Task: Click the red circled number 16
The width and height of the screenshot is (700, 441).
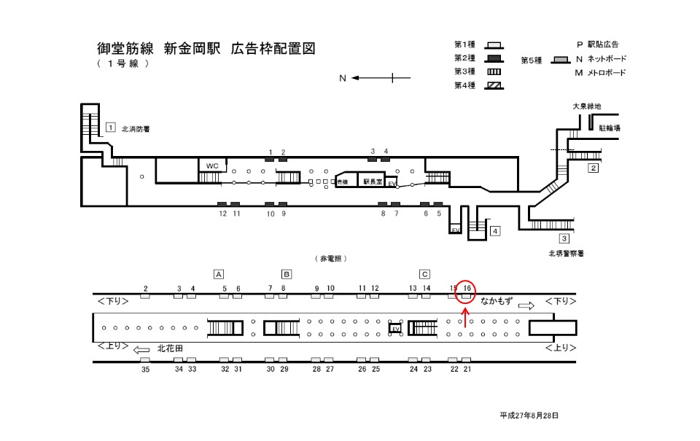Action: [467, 289]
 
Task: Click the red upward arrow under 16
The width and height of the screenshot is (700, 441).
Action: [466, 316]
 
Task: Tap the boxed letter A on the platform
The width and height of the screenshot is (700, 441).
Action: [218, 274]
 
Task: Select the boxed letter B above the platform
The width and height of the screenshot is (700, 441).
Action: [287, 274]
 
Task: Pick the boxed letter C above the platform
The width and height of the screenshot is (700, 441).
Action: [424, 274]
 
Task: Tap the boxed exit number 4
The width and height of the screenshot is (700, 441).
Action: [495, 232]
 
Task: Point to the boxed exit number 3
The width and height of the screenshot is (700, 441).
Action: [564, 238]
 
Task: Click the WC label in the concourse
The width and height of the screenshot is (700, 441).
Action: [212, 166]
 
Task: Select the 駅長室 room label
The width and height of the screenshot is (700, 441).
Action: [372, 181]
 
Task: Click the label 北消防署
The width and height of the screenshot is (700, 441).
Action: [136, 129]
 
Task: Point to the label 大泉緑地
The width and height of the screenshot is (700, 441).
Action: [587, 106]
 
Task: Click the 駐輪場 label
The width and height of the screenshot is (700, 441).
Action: [610, 128]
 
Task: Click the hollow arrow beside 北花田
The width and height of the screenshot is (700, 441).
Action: [142, 350]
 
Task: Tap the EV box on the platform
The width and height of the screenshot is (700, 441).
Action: [396, 329]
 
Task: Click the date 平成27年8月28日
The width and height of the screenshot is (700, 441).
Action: [529, 415]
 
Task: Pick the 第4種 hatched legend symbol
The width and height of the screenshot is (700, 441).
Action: [496, 85]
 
